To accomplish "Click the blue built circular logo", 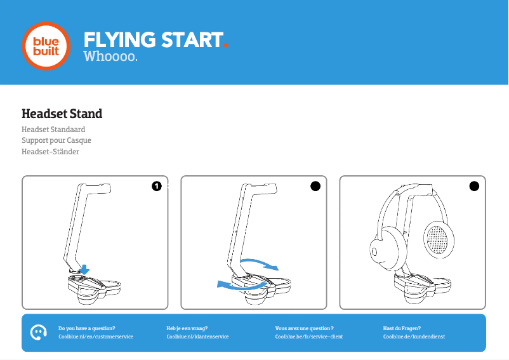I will [x=46, y=46].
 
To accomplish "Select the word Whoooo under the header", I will [x=109, y=58].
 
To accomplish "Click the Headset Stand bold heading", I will [x=62, y=114].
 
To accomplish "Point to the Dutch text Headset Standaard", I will [x=53, y=130].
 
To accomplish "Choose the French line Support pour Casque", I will [x=56, y=140].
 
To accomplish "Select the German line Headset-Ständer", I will [x=50, y=152].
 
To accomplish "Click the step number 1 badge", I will [x=156, y=186].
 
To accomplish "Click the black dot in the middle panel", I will [x=315, y=186].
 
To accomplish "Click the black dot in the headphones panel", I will [x=473, y=186].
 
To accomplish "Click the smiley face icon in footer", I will [x=39, y=332].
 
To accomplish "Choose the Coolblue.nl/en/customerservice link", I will [x=96, y=337].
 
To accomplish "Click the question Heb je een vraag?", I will [x=187, y=328].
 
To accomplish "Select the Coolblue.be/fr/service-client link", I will [x=308, y=337].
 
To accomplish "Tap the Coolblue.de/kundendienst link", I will [x=414, y=337].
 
